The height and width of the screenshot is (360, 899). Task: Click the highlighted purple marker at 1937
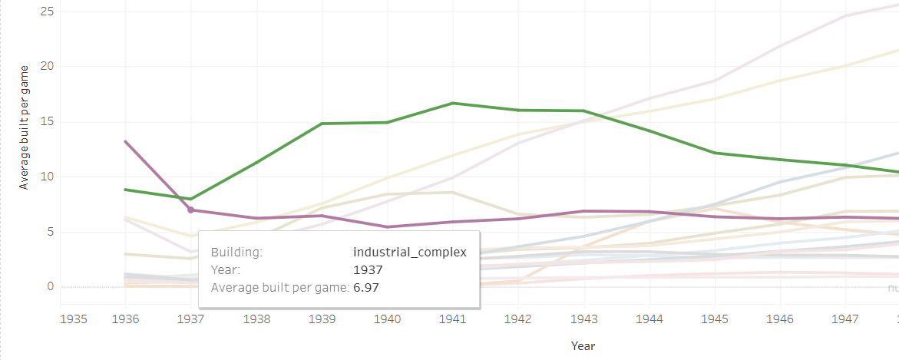click(x=190, y=210)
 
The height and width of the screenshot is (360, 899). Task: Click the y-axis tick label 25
click(x=48, y=12)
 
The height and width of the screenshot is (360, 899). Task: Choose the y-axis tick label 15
click(x=48, y=121)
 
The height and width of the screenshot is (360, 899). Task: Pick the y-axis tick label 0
click(x=51, y=287)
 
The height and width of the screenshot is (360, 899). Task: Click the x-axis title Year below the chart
click(x=583, y=346)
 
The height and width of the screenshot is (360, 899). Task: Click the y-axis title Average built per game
click(x=24, y=127)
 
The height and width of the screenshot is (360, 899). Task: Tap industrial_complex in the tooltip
click(x=409, y=253)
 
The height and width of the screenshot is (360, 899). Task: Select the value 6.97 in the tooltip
click(x=366, y=288)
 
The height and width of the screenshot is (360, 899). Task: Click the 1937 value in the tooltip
click(x=368, y=270)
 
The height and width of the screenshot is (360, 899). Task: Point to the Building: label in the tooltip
click(x=236, y=253)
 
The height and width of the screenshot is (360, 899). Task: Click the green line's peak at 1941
click(x=454, y=103)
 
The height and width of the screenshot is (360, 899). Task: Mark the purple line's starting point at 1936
click(x=125, y=141)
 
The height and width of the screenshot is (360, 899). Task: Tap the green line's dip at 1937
click(x=190, y=199)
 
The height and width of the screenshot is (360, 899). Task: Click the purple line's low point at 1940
click(x=388, y=226)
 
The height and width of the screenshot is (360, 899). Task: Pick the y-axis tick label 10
click(x=48, y=177)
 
